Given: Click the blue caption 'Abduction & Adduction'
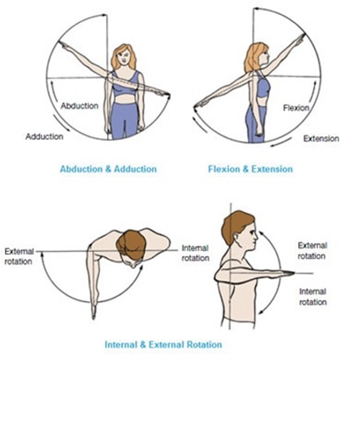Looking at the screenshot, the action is click(x=108, y=169).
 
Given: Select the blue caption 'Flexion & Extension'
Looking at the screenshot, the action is click(x=250, y=169).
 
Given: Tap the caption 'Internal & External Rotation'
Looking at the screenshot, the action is click(x=163, y=344).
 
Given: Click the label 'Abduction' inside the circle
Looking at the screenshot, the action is click(x=79, y=106).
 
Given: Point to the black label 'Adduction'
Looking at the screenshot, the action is click(x=44, y=136).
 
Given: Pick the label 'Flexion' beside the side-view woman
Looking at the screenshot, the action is click(x=296, y=108).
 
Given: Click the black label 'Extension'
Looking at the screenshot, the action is click(x=321, y=139).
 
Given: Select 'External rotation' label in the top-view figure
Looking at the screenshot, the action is click(x=18, y=256).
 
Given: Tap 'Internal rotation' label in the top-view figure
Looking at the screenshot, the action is click(x=195, y=253).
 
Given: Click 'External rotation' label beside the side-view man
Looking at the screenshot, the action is click(x=312, y=250).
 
